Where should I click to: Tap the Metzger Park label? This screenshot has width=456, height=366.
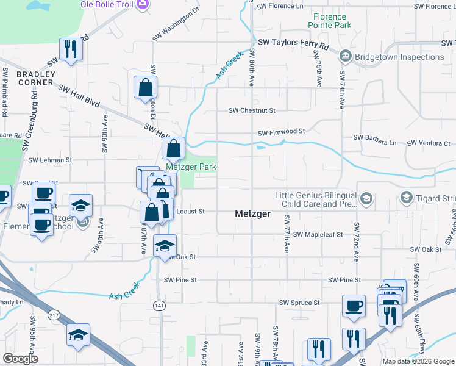191,167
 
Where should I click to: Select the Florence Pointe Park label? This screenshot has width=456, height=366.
333,21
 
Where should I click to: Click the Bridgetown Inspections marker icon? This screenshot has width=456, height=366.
345,57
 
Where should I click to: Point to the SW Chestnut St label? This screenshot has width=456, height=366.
252,110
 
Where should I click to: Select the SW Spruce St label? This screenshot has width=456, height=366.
299,303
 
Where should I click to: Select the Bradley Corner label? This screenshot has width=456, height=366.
36,78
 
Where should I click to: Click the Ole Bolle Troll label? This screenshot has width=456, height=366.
107,4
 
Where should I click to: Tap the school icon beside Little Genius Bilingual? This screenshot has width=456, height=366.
366,198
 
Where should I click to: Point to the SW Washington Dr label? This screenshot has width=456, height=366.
176,24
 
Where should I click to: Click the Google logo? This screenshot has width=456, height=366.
20,359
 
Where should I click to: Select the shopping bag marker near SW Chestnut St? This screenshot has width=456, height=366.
146,88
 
